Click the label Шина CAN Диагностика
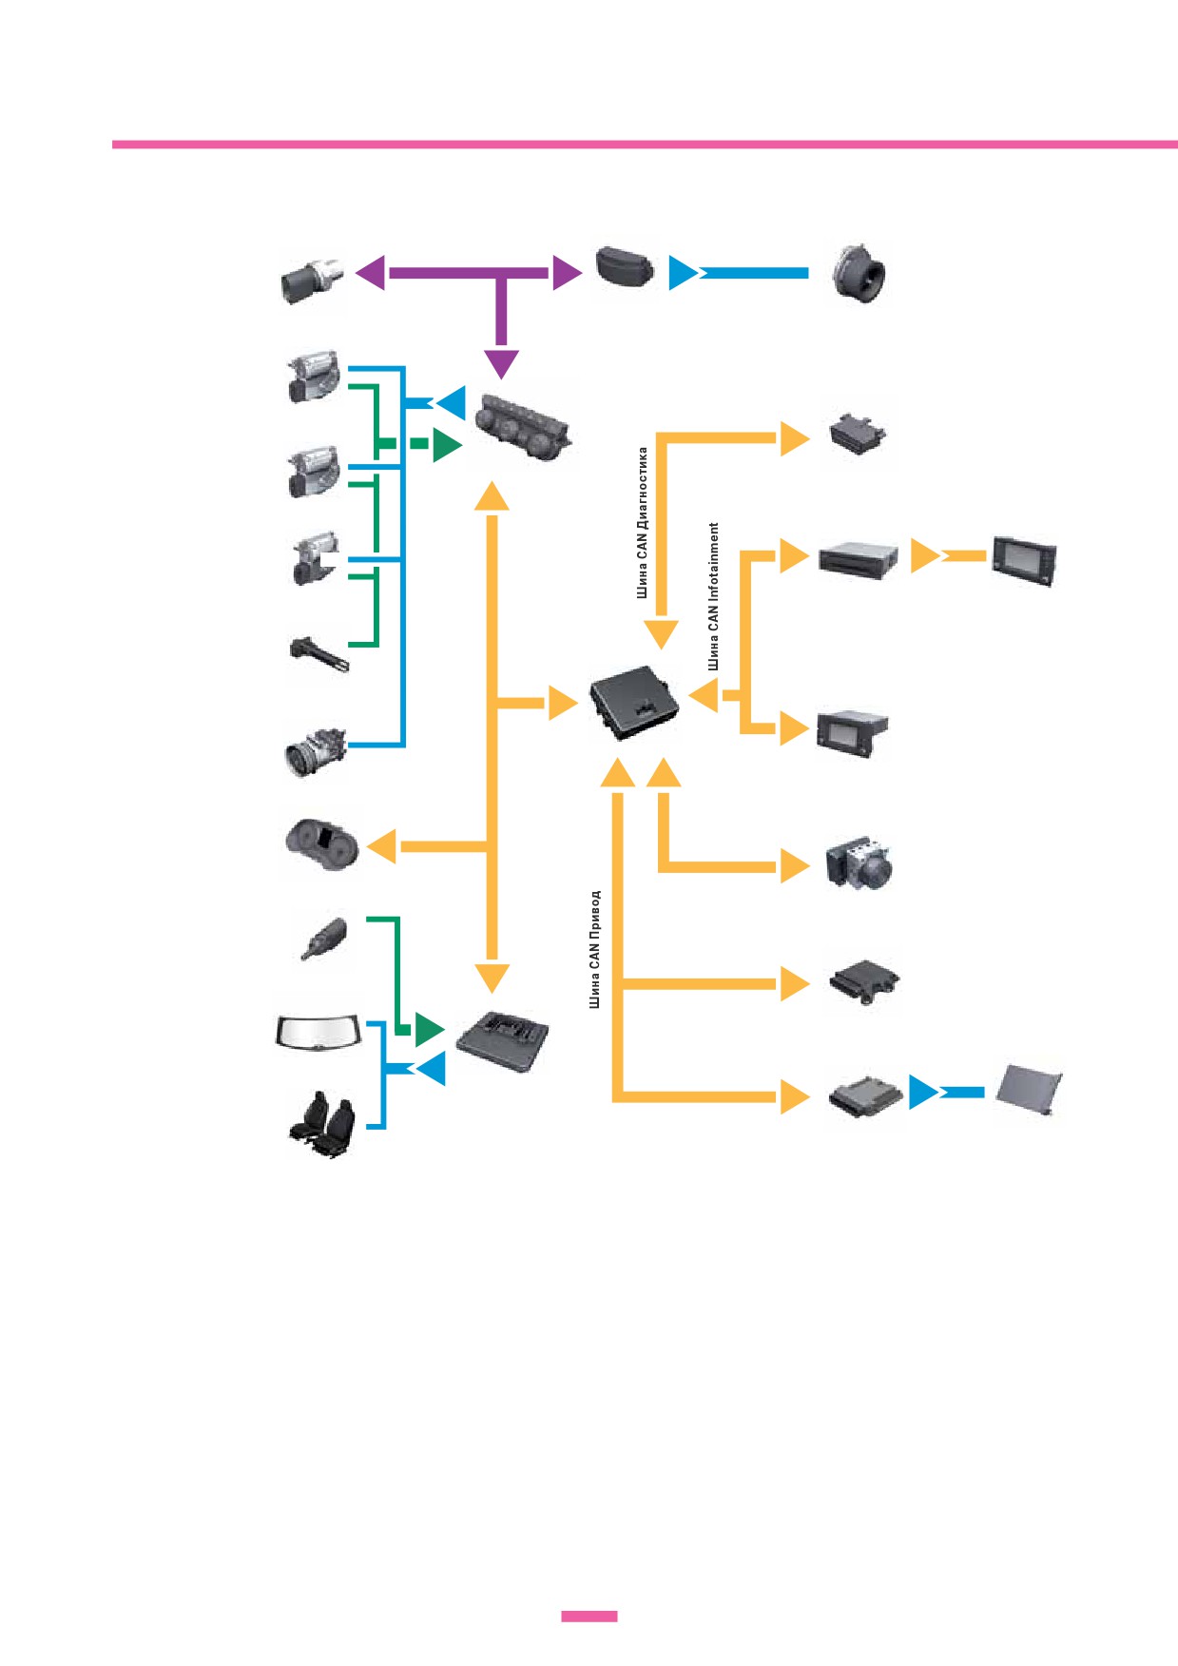click(x=643, y=522)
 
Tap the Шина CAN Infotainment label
click(x=714, y=596)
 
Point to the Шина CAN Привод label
click(x=595, y=949)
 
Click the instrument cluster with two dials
click(x=321, y=844)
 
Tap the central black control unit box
click(x=634, y=702)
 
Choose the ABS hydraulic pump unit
click(x=859, y=862)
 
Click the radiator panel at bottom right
click(x=1029, y=1090)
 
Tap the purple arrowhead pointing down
click(x=501, y=364)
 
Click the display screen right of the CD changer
click(x=1024, y=560)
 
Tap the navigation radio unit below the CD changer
click(x=852, y=732)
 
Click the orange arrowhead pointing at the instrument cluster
click(x=381, y=846)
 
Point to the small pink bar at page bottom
click(x=589, y=1616)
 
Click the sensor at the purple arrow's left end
click(x=312, y=279)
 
